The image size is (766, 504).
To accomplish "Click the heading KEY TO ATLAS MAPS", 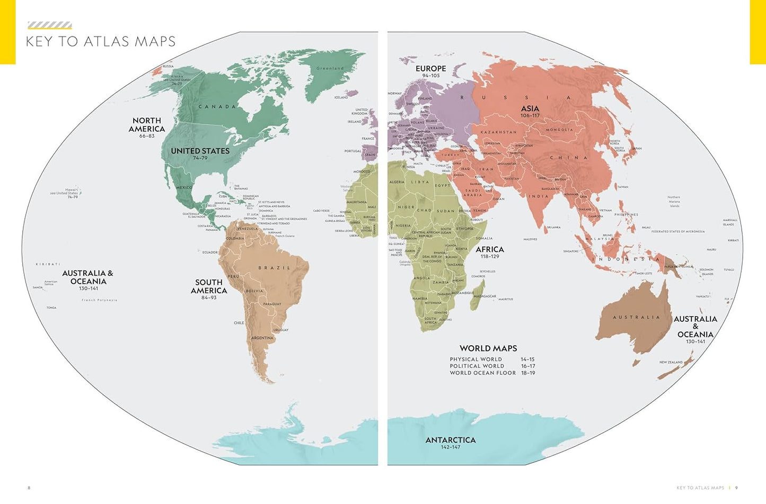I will click(x=101, y=41).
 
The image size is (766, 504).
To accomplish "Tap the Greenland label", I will click(x=330, y=68).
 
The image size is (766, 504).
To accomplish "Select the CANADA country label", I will click(x=217, y=106).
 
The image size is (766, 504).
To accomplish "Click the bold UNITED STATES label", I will click(x=200, y=151).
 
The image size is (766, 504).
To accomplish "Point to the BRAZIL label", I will click(x=274, y=268).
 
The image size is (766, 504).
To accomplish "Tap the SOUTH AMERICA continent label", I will click(x=209, y=286).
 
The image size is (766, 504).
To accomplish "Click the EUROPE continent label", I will click(x=430, y=68).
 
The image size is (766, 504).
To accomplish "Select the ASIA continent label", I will click(x=530, y=109).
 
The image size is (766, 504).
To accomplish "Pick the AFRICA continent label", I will click(x=489, y=249).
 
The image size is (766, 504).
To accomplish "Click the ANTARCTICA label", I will click(x=450, y=440).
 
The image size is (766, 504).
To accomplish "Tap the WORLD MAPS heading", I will click(x=488, y=348).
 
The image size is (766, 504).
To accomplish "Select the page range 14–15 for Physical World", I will click(x=527, y=359).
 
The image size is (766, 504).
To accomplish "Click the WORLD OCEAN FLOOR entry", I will click(x=482, y=373).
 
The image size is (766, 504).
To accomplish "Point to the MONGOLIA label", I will click(x=559, y=130).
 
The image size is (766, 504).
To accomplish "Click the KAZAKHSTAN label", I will click(x=498, y=132).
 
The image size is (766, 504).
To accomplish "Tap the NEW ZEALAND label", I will click(x=671, y=362).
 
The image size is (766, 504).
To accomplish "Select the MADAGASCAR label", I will click(x=485, y=296).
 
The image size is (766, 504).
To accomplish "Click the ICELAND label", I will click(x=341, y=97).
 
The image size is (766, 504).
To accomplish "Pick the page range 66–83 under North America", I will click(x=147, y=136).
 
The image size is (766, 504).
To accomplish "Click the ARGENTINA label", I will click(x=262, y=338).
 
